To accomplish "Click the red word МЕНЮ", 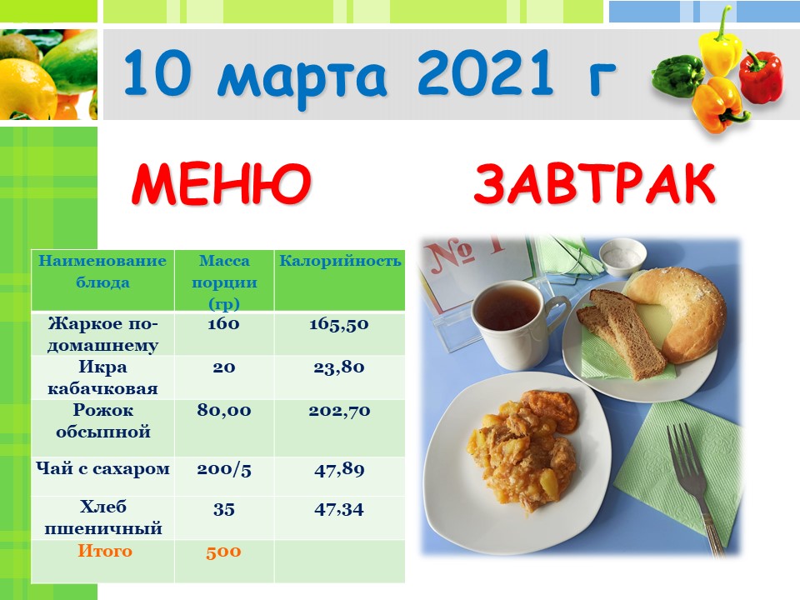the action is [221, 183].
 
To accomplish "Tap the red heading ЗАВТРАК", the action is [595, 183].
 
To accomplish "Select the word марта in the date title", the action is [304, 77].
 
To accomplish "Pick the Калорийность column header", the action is [340, 261].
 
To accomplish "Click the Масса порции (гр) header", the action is [224, 282].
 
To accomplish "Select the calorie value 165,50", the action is [339, 324].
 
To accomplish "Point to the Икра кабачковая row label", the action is [102, 378].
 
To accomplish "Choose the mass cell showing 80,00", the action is [224, 410].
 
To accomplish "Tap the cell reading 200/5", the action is [224, 469].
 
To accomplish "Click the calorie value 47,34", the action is [339, 509].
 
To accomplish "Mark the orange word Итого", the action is [105, 551].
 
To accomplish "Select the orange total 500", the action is [223, 552].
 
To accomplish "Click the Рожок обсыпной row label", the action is [103, 421].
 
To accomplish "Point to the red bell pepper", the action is [761, 76].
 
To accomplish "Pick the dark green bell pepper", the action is [678, 76].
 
